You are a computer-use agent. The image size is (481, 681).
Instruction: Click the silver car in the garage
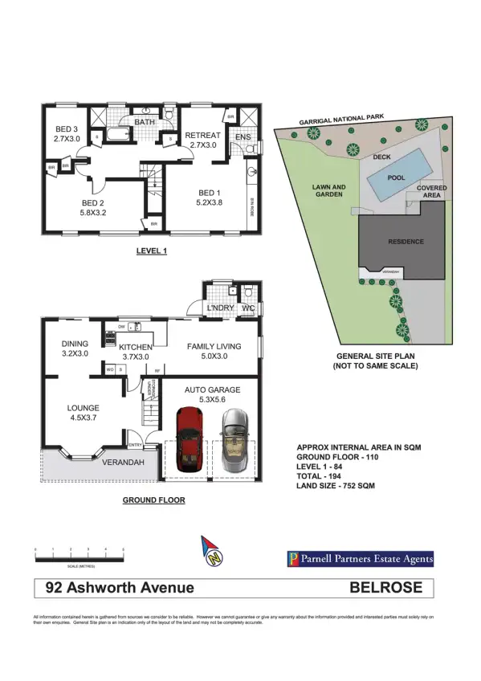coord(234,442)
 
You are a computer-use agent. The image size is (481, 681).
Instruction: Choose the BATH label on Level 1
coord(145,122)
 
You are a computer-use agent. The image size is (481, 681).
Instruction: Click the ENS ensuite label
coord(243,137)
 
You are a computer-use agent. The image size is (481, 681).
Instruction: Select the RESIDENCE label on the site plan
coord(406,242)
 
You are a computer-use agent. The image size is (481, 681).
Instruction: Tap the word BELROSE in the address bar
coord(385,587)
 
